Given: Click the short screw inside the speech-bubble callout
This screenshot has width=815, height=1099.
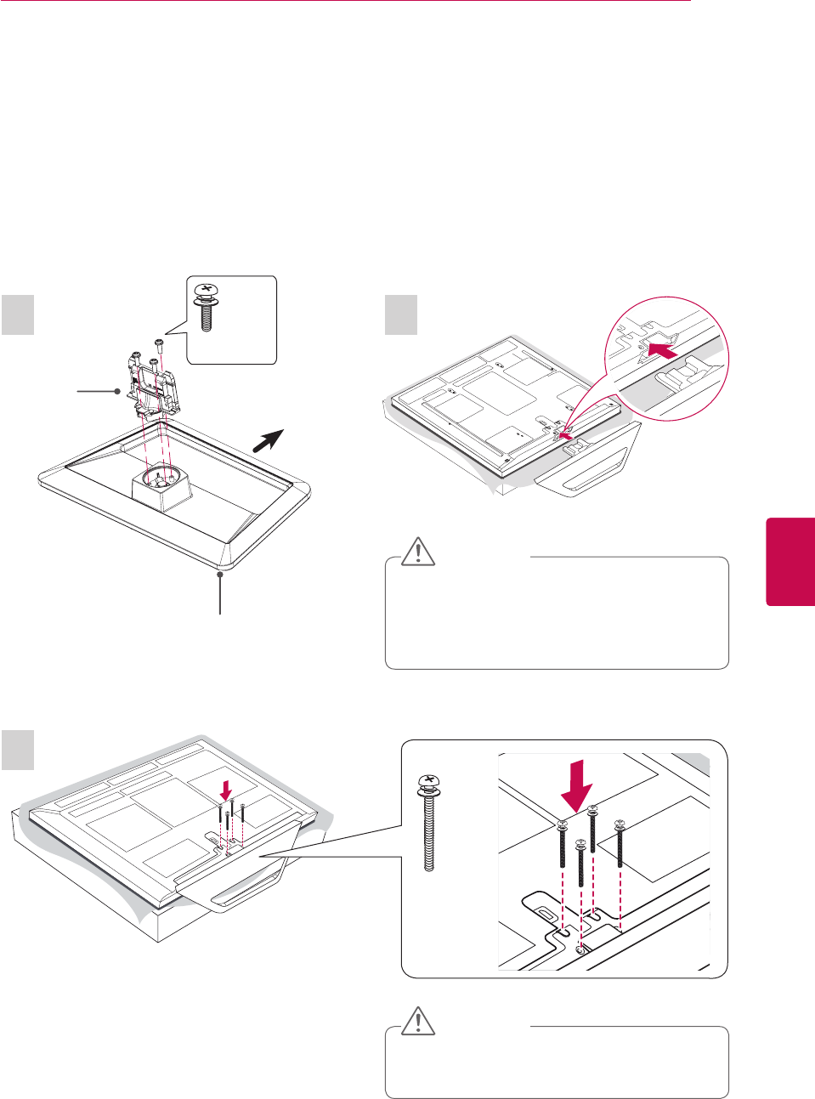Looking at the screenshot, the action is point(205,307).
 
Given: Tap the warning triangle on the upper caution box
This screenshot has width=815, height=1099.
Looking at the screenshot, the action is point(418,552).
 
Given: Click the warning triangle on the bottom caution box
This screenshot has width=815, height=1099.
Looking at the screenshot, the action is point(418,1021).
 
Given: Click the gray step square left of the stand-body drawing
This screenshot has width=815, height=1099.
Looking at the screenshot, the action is point(18,314).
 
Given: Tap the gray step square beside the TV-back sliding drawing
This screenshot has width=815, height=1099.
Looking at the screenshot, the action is point(401,314).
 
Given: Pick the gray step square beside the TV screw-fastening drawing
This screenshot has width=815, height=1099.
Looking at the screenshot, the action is point(18,749).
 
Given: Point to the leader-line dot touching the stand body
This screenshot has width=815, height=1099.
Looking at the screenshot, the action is point(117,391).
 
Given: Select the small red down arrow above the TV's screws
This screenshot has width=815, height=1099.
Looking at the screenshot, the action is point(225,790).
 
